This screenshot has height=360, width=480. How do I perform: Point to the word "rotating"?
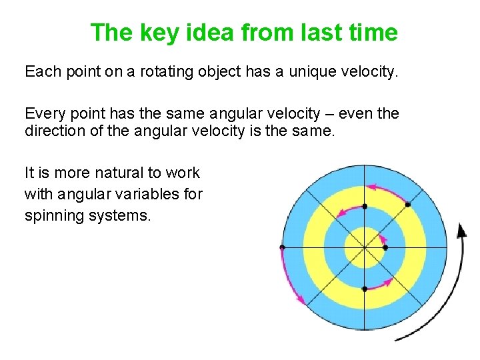165,71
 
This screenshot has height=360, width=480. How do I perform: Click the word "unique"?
313,71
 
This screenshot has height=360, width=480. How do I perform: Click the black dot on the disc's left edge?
282,247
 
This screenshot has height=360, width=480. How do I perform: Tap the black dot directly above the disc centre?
365,207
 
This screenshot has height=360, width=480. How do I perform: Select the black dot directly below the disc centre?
365,289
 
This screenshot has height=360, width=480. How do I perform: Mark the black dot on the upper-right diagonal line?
408,205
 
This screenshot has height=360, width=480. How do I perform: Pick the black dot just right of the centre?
385,247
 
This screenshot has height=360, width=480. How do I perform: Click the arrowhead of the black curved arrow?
461,230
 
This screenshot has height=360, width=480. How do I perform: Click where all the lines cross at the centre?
365,247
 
